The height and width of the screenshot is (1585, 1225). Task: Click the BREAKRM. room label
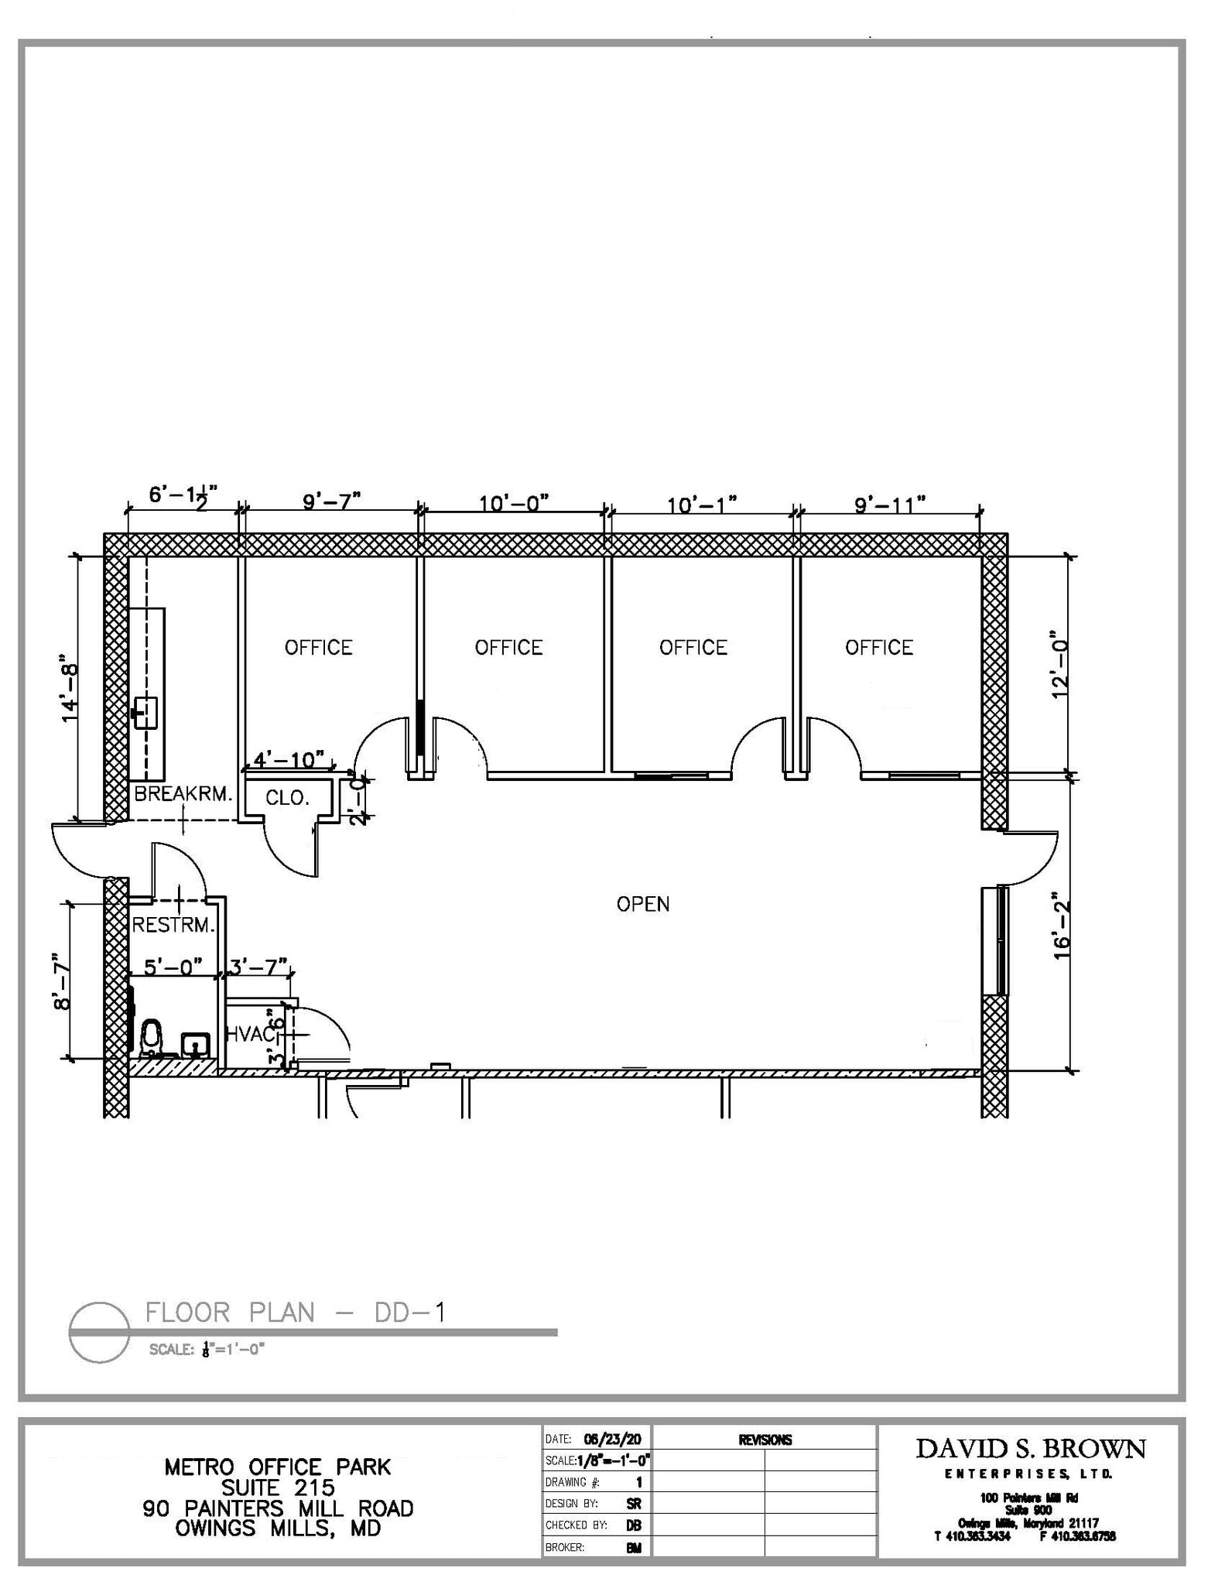(x=183, y=794)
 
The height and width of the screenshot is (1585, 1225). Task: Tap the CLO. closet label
(x=287, y=798)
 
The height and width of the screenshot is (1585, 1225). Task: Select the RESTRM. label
(x=173, y=925)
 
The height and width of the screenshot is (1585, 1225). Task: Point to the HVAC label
(x=249, y=1034)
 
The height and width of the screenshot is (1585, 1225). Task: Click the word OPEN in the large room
(x=642, y=904)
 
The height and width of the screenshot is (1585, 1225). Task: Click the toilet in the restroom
(x=152, y=1037)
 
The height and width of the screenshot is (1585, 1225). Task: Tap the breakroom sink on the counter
(x=145, y=710)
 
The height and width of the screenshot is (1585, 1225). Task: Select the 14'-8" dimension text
(x=70, y=693)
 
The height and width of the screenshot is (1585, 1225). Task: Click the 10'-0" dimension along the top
(x=513, y=504)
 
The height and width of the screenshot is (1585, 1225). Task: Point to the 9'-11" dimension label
(x=890, y=505)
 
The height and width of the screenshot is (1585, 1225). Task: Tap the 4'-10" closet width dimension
(x=289, y=759)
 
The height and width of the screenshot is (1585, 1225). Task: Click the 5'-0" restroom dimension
(x=173, y=966)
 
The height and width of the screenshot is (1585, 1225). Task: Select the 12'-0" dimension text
(x=1060, y=669)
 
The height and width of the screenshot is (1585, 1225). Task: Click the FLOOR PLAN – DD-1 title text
(x=296, y=1313)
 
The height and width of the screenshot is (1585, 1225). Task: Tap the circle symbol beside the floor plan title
(x=99, y=1331)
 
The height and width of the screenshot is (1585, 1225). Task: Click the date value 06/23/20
(x=612, y=1440)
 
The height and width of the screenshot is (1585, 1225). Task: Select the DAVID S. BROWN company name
(x=1031, y=1449)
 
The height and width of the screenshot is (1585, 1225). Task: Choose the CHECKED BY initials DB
(x=633, y=1525)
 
